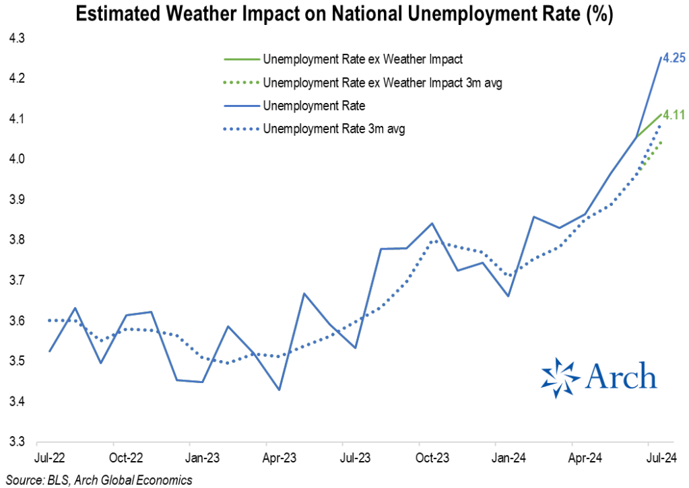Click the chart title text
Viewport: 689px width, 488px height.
click(344, 15)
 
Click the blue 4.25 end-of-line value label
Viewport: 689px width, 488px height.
click(674, 59)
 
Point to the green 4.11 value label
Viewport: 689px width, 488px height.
click(674, 114)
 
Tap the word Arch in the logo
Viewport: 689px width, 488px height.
click(620, 376)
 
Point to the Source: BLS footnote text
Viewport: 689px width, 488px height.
click(98, 479)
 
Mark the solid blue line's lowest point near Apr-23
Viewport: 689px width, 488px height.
click(279, 390)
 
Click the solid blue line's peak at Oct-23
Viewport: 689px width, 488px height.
click(432, 223)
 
